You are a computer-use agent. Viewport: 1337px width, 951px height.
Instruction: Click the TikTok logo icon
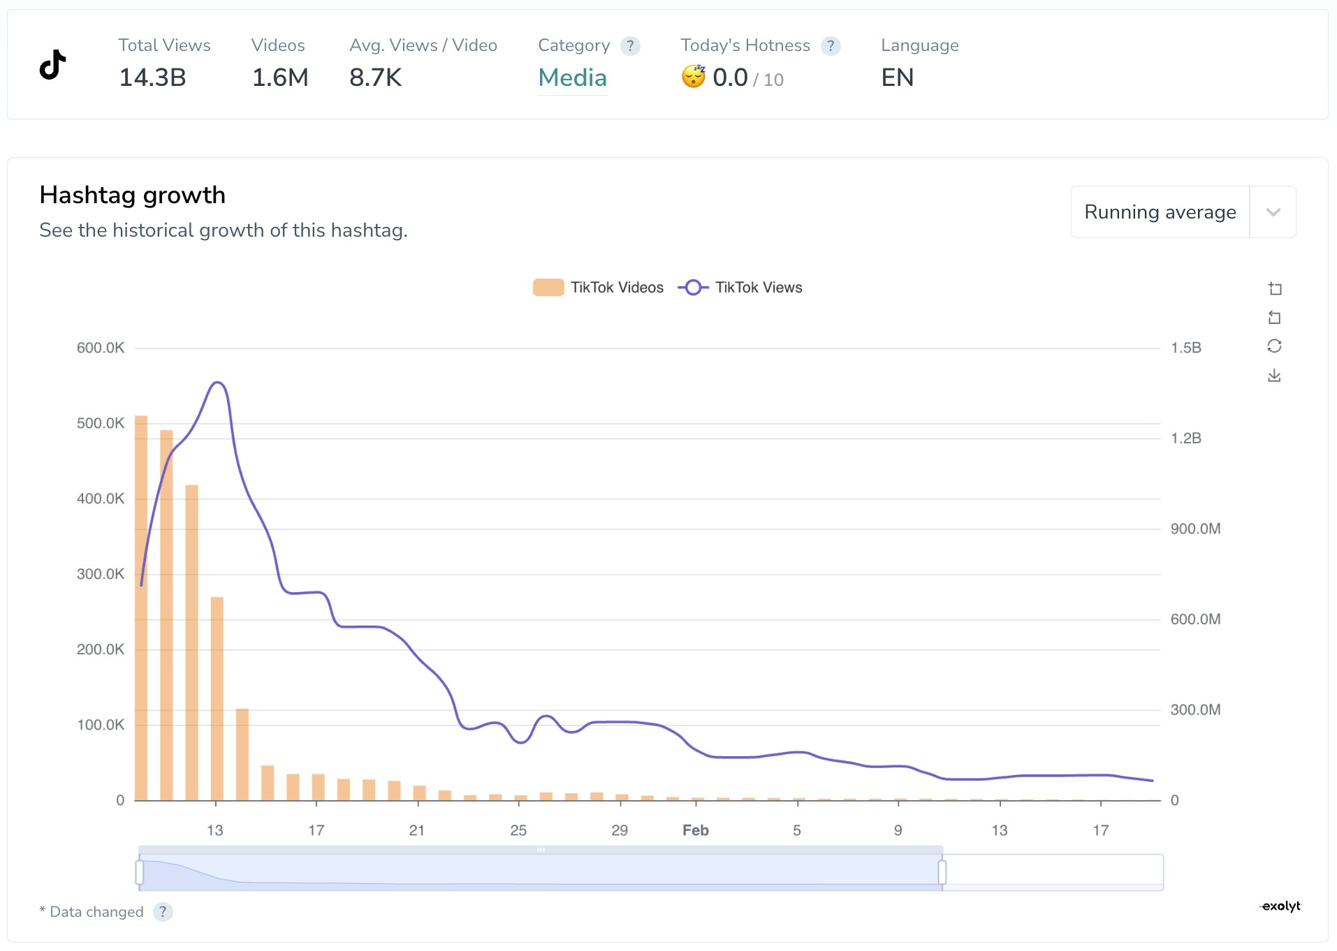(x=53, y=65)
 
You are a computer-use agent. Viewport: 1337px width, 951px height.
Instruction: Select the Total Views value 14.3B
(x=152, y=78)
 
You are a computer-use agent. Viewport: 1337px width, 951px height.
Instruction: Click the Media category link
(x=572, y=78)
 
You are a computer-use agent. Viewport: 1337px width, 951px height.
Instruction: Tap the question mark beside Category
(x=630, y=46)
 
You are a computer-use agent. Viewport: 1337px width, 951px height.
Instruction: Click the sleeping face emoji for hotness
(x=694, y=76)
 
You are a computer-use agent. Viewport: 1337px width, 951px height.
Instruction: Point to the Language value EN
(x=897, y=78)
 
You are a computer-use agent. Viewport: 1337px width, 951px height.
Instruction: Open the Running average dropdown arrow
(x=1273, y=212)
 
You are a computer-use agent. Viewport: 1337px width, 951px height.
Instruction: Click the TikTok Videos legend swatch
(x=548, y=288)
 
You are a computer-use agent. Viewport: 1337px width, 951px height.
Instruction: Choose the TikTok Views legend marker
(x=693, y=288)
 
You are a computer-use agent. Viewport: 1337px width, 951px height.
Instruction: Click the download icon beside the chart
(x=1274, y=376)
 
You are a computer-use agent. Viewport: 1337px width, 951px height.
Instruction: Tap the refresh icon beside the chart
(x=1274, y=346)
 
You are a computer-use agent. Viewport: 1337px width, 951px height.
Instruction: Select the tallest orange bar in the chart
(x=141, y=607)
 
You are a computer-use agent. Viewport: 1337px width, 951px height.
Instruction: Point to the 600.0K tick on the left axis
(x=101, y=348)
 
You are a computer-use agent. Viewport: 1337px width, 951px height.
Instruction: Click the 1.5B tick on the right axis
(x=1186, y=348)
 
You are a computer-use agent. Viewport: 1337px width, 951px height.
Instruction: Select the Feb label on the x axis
(x=696, y=830)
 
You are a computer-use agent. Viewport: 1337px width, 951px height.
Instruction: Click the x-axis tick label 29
(x=620, y=830)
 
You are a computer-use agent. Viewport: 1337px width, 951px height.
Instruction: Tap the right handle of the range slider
(x=942, y=872)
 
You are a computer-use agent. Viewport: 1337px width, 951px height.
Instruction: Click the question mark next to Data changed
(x=163, y=912)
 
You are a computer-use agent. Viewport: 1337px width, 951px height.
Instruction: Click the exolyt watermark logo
(x=1281, y=906)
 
